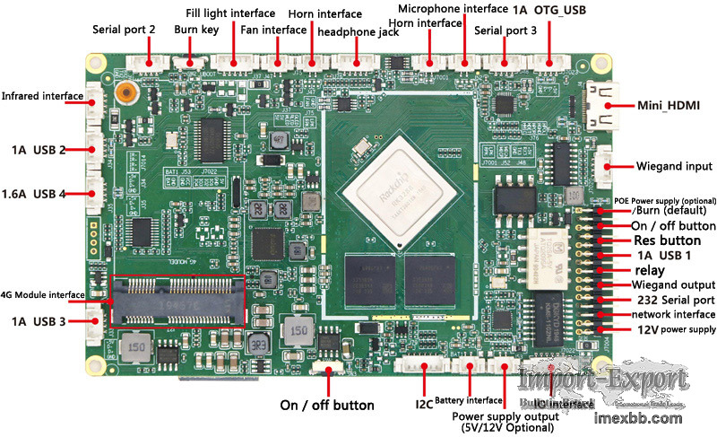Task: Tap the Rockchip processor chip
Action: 393,185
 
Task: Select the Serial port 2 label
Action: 124,30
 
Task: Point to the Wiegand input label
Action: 675,166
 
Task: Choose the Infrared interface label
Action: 42,95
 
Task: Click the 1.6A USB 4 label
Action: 39,194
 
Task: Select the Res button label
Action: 667,240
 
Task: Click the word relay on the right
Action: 650,270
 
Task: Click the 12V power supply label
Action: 675,329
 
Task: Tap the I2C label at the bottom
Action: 424,405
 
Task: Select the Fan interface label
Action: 273,30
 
